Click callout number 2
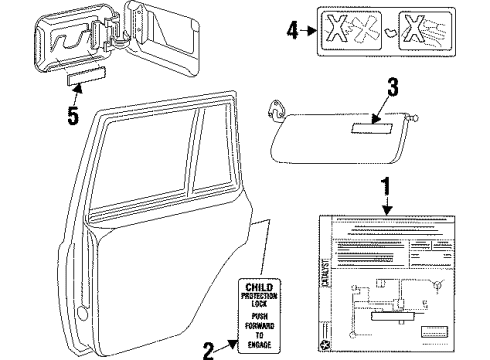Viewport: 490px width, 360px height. coord(208,349)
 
